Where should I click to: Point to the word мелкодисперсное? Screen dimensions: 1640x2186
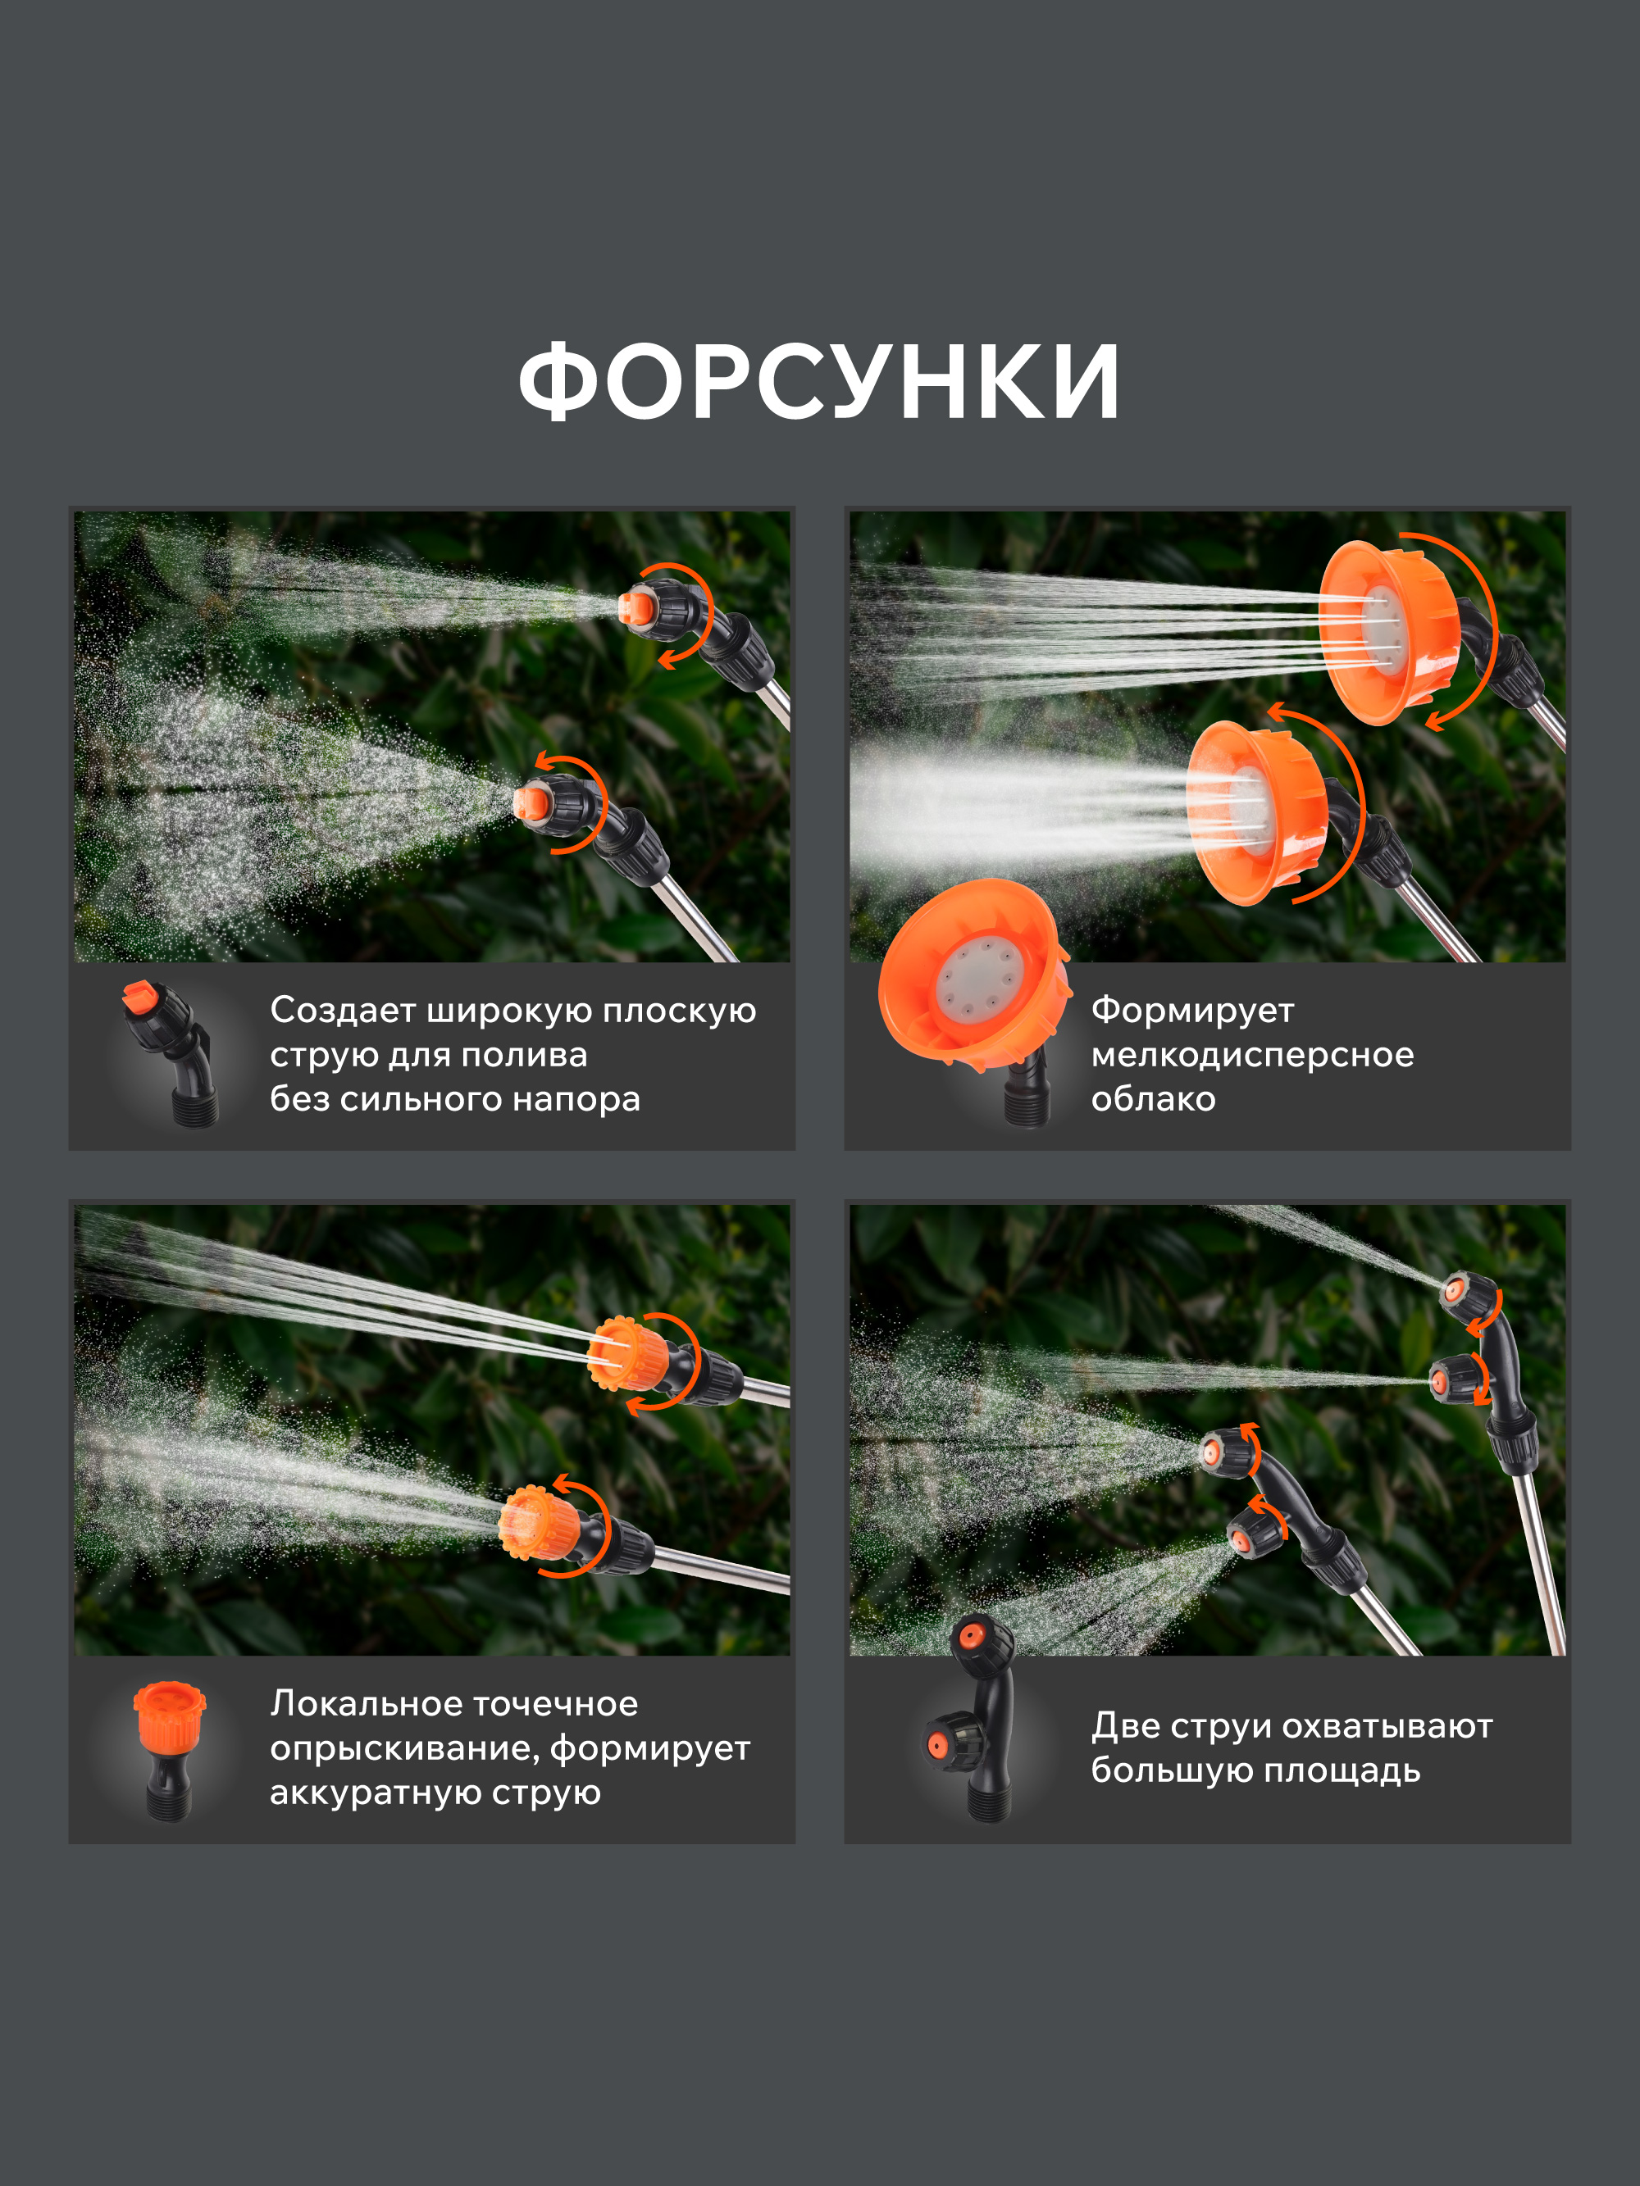(1252, 1056)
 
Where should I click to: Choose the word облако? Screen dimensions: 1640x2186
(1154, 1099)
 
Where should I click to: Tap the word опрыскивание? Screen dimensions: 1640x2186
(405, 1749)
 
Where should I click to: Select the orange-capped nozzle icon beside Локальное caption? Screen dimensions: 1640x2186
(169, 1750)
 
